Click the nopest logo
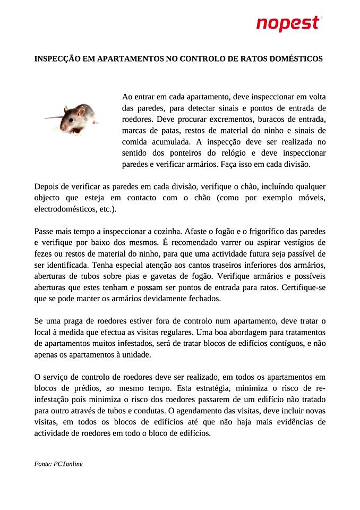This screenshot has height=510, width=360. tap(288, 23)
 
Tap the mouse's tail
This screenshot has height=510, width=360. tap(52, 117)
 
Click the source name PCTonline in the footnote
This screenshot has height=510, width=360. tap(68, 464)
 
